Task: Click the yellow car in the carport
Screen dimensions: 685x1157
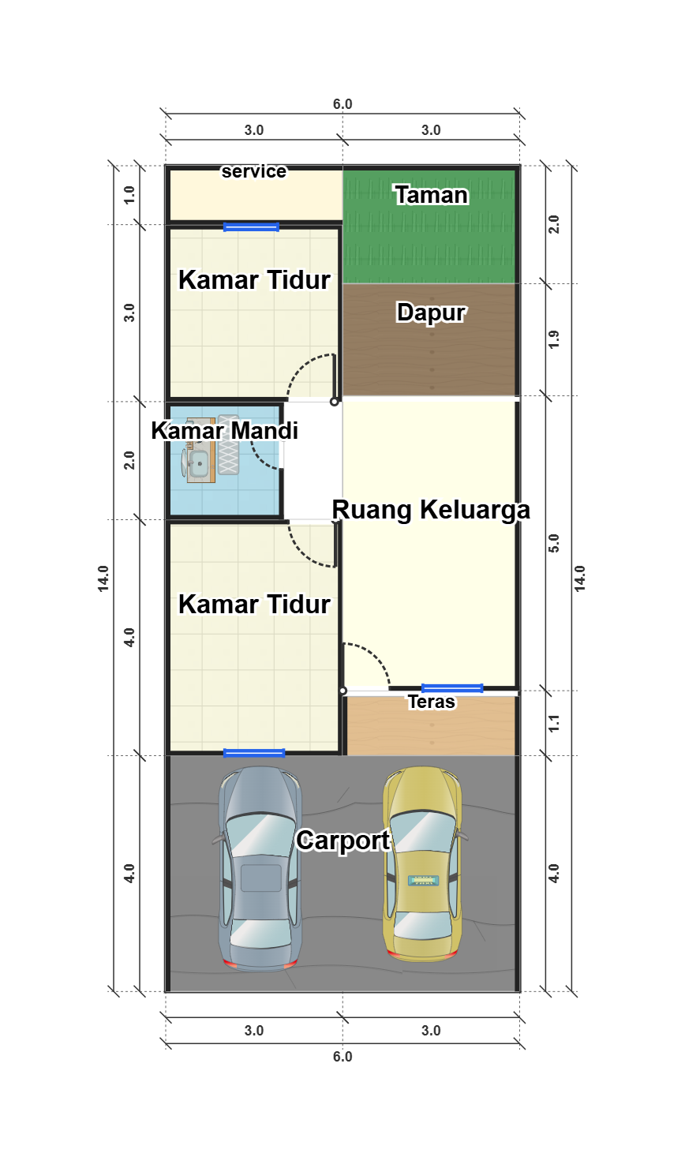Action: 422,863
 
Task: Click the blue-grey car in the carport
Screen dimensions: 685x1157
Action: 260,868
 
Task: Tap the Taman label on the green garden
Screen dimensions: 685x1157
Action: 432,195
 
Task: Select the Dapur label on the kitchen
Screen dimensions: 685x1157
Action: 432,312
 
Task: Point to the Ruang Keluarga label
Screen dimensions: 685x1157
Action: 431,509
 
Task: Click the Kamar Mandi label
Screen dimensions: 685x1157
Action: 225,430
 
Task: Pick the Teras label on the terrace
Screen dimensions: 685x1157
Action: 432,702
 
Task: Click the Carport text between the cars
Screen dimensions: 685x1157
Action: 343,841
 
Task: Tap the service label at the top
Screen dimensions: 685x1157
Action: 254,171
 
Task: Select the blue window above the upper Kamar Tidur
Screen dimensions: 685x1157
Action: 251,227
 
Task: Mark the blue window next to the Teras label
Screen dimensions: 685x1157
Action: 452,688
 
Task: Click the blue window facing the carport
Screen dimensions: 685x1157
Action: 253,753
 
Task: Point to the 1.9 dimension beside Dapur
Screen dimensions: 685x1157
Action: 554,339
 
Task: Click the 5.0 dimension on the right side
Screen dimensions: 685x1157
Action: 554,543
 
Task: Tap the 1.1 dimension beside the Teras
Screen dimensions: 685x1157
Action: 554,723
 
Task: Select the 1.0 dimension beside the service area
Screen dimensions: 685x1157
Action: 129,195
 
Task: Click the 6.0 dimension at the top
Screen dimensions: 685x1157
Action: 342,104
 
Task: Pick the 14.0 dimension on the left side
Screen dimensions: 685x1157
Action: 103,578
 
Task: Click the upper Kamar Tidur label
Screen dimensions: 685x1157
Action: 254,280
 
